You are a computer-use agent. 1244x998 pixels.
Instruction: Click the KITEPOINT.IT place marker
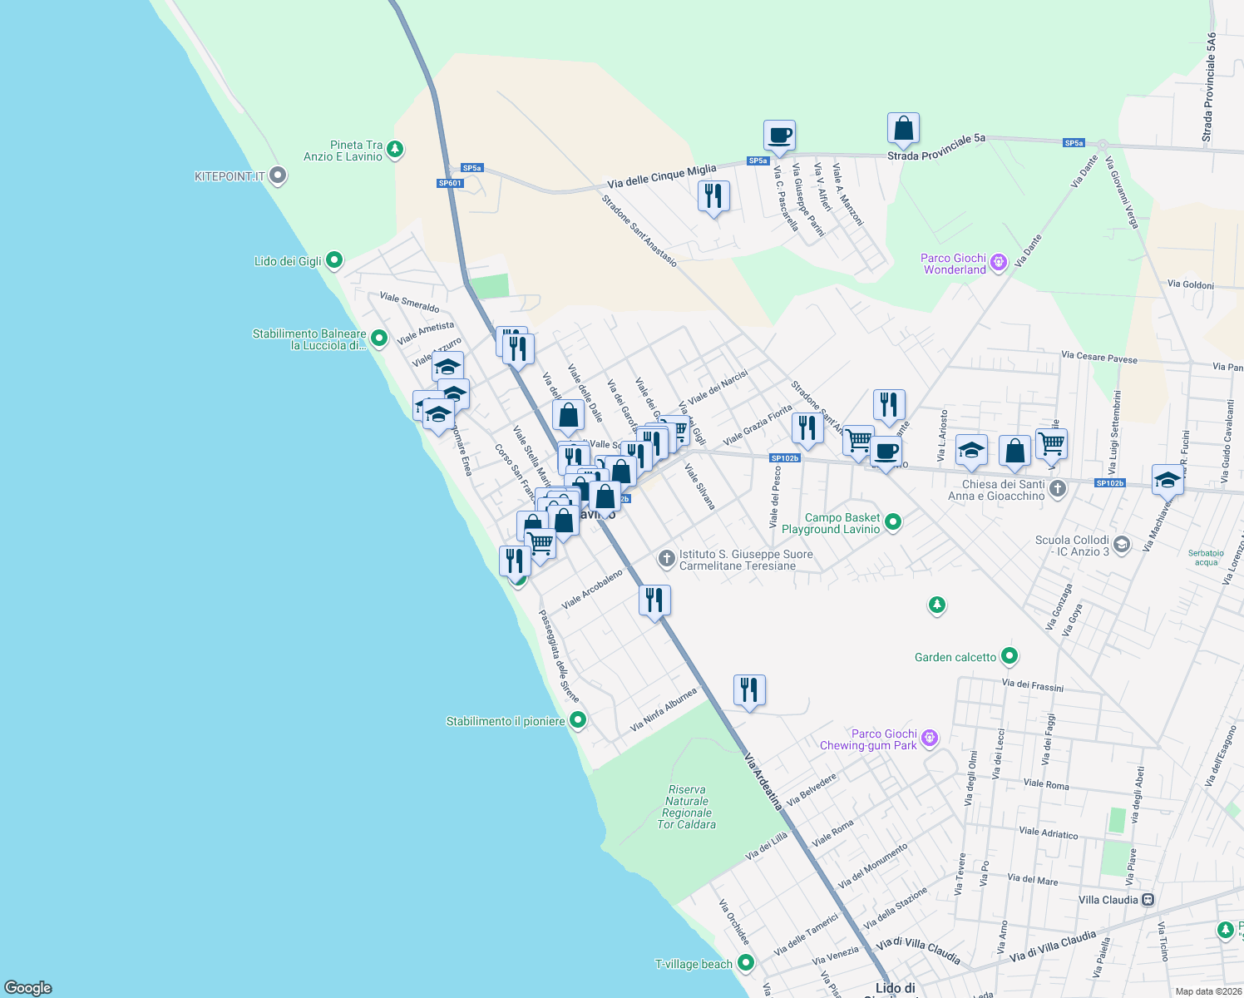pos(279,176)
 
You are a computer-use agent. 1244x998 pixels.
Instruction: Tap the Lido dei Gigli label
pos(288,261)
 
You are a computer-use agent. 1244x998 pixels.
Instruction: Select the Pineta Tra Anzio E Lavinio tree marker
pos(396,150)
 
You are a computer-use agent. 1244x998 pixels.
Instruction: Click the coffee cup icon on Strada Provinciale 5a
pos(779,135)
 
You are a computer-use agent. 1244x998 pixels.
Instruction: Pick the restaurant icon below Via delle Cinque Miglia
pos(713,196)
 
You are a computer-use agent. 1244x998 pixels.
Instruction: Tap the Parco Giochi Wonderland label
pos(954,264)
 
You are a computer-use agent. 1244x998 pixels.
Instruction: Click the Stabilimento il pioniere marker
pos(578,720)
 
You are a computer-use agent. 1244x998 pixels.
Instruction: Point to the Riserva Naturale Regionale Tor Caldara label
pos(687,807)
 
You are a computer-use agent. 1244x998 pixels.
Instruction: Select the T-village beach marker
pos(746,963)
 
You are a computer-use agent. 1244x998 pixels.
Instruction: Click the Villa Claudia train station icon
pos(1148,900)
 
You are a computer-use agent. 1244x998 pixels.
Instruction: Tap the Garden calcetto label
pos(955,657)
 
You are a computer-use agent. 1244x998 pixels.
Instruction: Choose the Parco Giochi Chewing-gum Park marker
pos(931,738)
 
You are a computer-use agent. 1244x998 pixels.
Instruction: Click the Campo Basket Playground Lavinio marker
pos(893,522)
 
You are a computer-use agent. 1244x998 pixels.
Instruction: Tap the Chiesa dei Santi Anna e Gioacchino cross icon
pos(1058,489)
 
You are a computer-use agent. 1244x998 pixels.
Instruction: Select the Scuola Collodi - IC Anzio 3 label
pos(1072,546)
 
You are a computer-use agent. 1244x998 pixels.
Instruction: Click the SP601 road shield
pos(450,183)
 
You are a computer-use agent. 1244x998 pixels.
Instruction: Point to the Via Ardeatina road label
pos(763,782)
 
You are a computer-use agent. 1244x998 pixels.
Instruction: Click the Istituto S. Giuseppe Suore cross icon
pos(666,559)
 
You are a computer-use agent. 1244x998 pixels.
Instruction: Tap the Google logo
pos(28,988)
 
